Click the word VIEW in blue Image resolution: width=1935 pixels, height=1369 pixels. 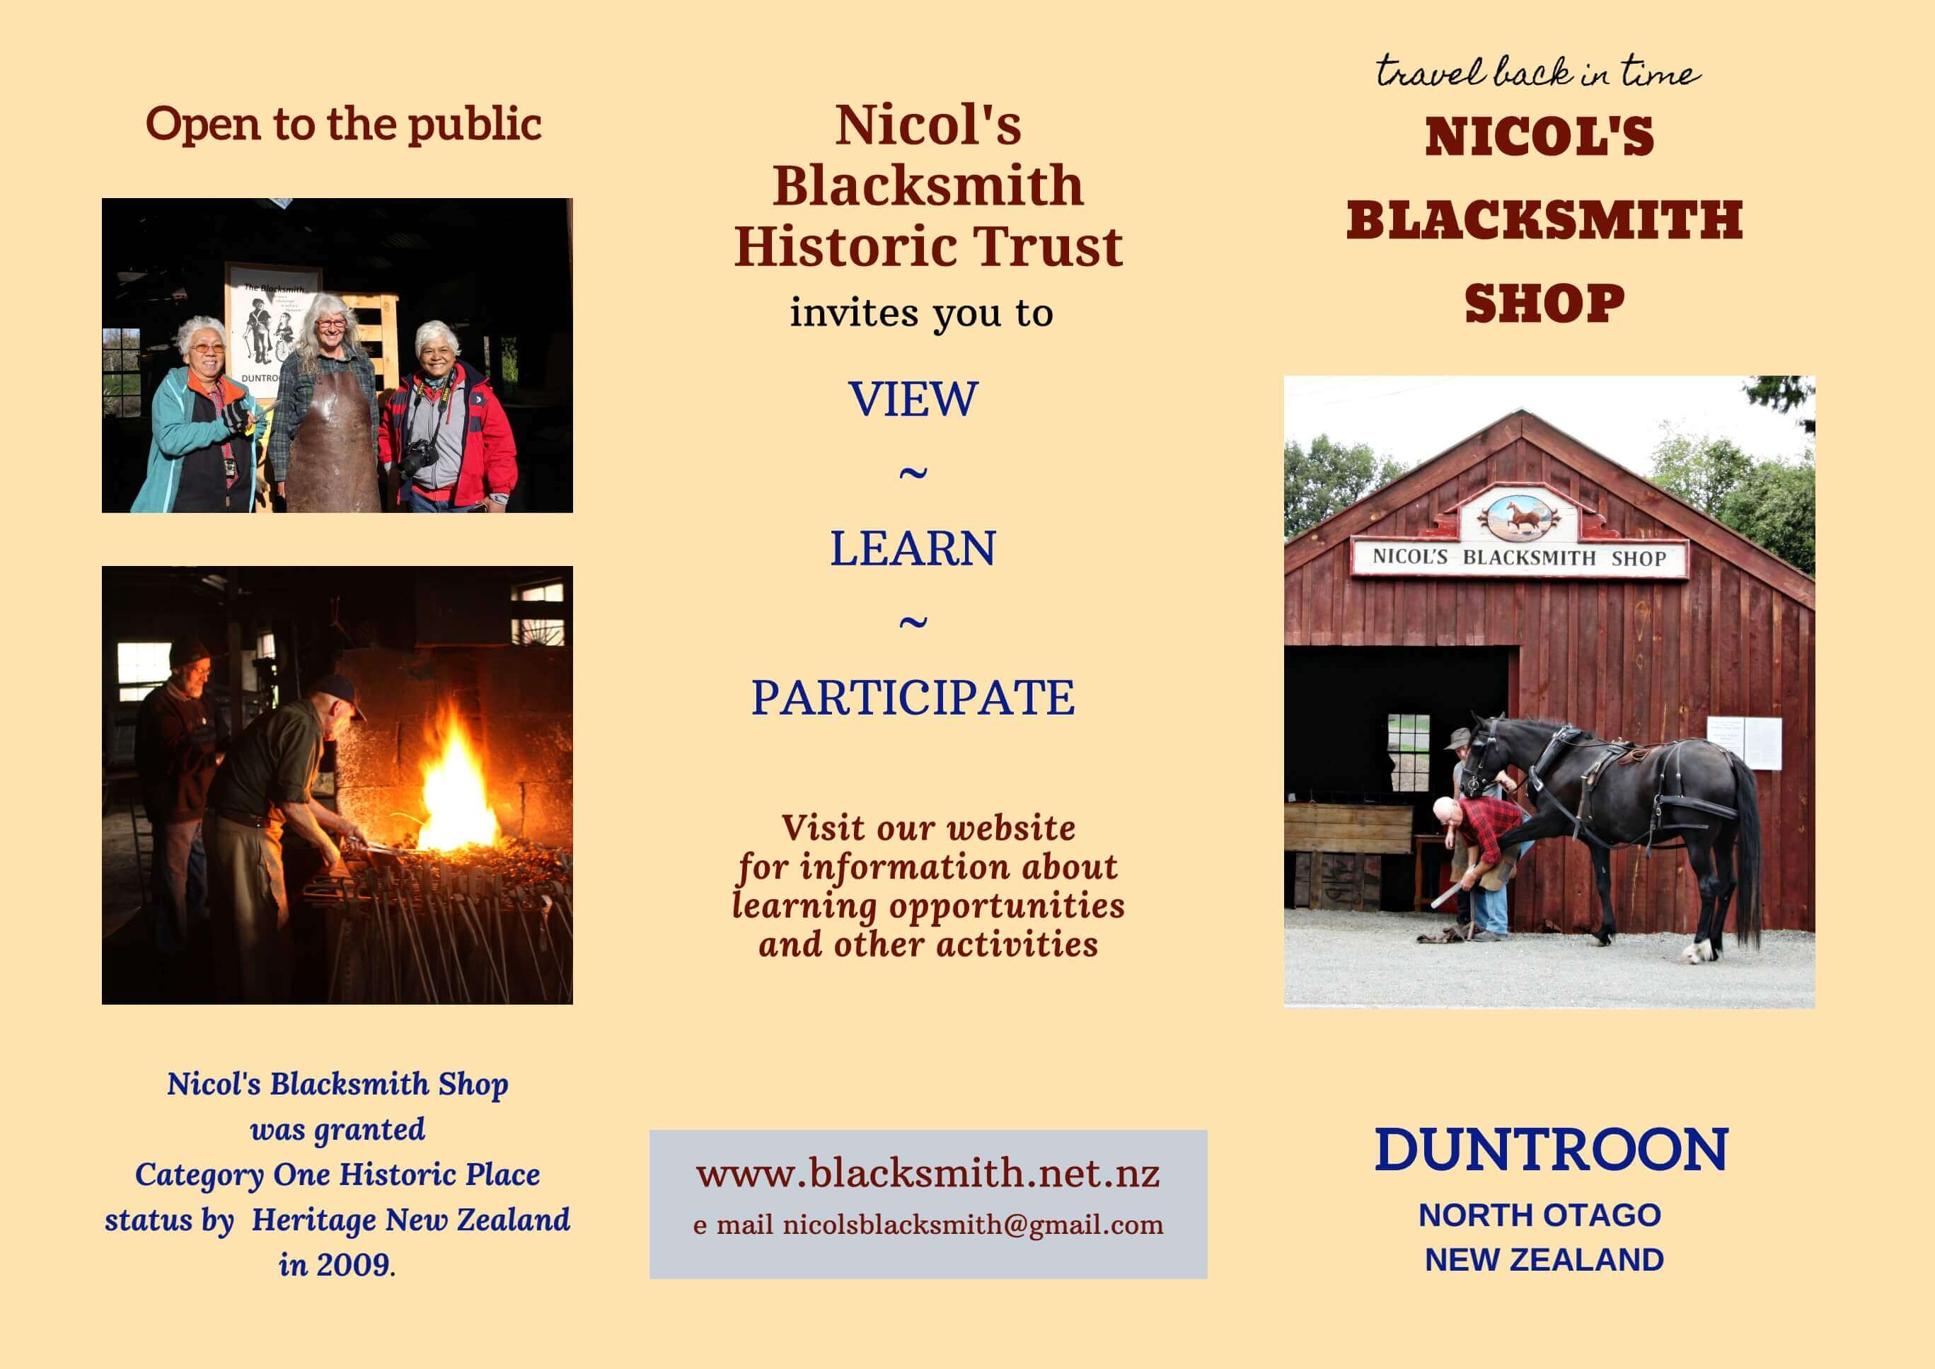tap(913, 399)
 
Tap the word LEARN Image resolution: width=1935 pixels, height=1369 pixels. tap(913, 549)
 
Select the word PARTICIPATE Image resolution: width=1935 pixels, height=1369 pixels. tap(913, 698)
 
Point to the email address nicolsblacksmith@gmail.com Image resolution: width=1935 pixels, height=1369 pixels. tap(974, 1225)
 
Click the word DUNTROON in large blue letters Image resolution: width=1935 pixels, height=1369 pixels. tap(1551, 1150)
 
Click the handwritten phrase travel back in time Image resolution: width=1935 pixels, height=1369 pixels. tap(1538, 71)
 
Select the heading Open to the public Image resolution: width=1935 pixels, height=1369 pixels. tap(343, 125)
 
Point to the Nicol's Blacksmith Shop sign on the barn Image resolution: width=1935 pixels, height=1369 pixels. tap(1519, 558)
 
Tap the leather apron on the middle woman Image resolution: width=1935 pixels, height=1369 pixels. tap(332, 443)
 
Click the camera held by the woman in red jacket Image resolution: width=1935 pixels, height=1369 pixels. tap(419, 458)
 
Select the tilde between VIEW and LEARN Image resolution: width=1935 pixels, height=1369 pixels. tap(913, 473)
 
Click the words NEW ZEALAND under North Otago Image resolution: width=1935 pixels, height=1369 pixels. tap(1544, 1259)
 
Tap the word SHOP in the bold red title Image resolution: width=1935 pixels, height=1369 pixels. tap(1544, 304)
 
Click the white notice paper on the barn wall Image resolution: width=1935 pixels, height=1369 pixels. tap(1745, 743)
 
